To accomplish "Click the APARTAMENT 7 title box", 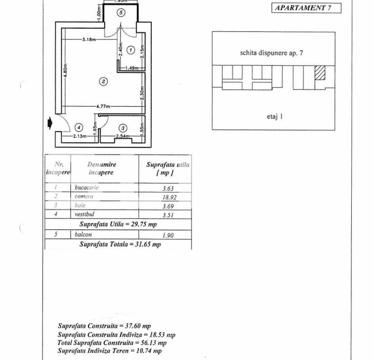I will pyautogui.click(x=306, y=8).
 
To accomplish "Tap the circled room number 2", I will pyautogui.click(x=103, y=81).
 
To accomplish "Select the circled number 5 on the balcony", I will pyautogui.click(x=120, y=12).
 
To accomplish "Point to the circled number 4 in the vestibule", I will pyautogui.click(x=79, y=127).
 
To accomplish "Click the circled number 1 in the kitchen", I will pyautogui.click(x=130, y=50).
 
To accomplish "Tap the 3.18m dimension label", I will pyautogui.click(x=89, y=39).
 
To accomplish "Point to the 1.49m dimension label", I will pyautogui.click(x=132, y=68).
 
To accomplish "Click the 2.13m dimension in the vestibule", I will pyautogui.click(x=79, y=136).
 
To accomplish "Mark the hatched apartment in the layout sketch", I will pyautogui.click(x=320, y=73).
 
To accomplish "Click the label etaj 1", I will pyautogui.click(x=275, y=116).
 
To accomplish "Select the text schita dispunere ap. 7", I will pyautogui.click(x=271, y=53).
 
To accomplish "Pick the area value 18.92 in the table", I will pyautogui.click(x=168, y=197).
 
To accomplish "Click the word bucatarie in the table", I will pyautogui.click(x=87, y=188).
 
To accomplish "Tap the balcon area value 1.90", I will pyautogui.click(x=168, y=235).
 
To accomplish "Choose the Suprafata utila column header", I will pyautogui.click(x=168, y=168).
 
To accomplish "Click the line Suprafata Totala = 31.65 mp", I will pyautogui.click(x=120, y=244).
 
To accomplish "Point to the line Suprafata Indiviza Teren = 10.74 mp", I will pyautogui.click(x=109, y=351).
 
